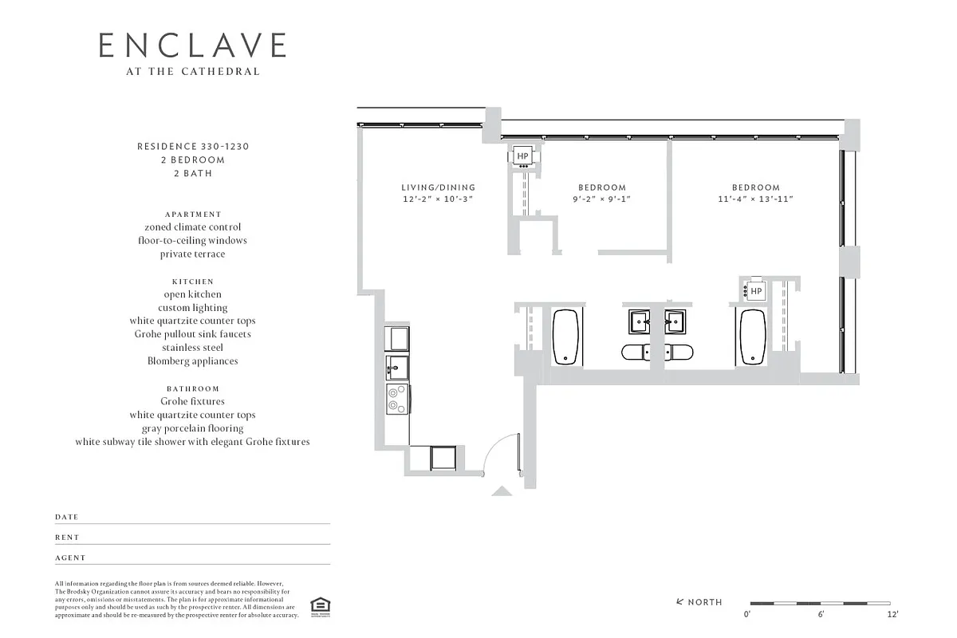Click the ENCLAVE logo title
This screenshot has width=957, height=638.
[191, 45]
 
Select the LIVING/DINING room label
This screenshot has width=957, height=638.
[438, 187]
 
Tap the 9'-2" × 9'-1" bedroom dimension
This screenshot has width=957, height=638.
[602, 199]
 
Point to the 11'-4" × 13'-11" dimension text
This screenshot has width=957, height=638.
[755, 199]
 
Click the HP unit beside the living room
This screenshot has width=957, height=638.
[523, 156]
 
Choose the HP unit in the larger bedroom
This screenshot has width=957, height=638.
[756, 292]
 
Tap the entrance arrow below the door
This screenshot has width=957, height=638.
[502, 491]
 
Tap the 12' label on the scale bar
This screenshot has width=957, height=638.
[892, 615]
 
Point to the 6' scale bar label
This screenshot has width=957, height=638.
[820, 615]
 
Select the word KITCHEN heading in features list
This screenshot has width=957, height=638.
[192, 282]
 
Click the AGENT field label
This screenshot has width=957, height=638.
[70, 558]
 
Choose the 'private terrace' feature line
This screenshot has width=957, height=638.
[192, 254]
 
